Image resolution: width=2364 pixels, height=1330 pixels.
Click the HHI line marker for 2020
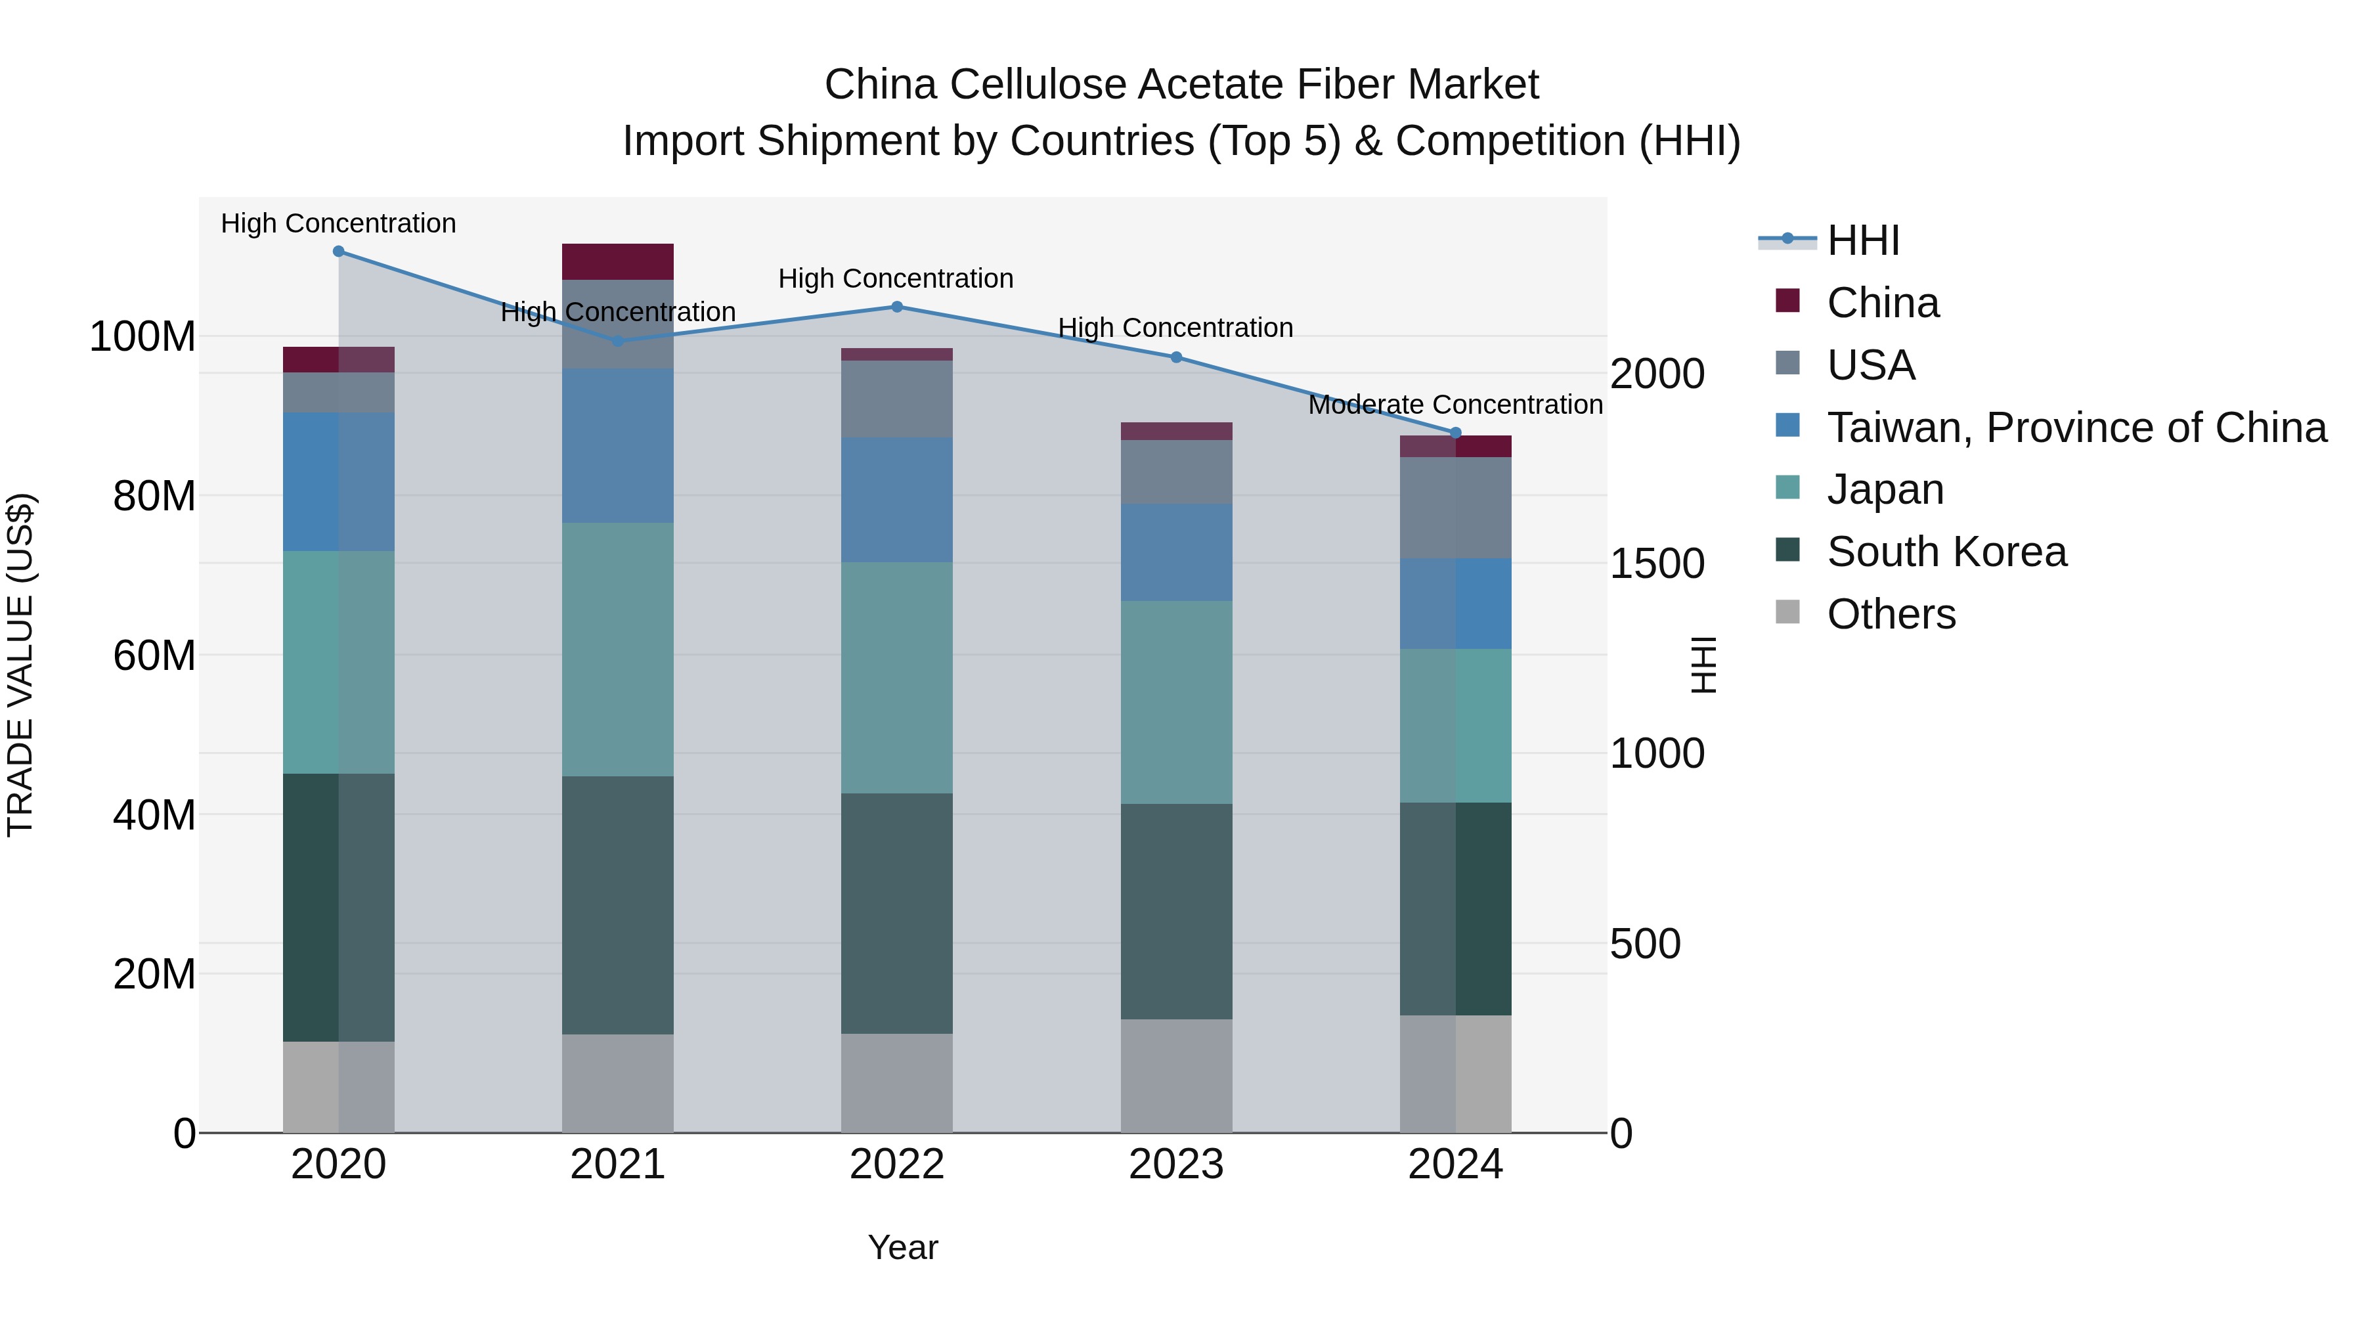click(339, 252)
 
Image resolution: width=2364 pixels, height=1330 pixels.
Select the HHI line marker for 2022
click(896, 307)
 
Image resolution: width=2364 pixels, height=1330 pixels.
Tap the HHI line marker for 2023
click(1177, 357)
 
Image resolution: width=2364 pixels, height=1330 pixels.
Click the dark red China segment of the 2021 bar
click(618, 261)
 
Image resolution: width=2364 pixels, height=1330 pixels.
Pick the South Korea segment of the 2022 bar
click(896, 914)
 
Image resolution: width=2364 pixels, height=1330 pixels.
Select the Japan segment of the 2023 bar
click(1177, 702)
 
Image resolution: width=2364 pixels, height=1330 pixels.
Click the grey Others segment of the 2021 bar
click(618, 1083)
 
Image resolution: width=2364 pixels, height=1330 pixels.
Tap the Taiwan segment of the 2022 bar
click(896, 500)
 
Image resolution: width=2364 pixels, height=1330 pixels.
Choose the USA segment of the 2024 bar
click(1455, 508)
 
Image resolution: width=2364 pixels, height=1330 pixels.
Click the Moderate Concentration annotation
click(1455, 405)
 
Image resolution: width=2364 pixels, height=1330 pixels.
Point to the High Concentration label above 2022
click(896, 278)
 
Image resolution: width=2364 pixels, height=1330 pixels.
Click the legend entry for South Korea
click(1946, 552)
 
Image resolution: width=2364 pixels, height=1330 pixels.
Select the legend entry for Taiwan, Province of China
click(2076, 428)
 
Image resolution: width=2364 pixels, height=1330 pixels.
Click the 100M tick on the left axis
click(142, 337)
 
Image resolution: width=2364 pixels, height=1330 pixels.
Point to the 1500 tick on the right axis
click(1657, 564)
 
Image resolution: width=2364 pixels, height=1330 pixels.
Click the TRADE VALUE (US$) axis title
click(20, 665)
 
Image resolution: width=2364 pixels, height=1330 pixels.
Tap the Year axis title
click(903, 1247)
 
